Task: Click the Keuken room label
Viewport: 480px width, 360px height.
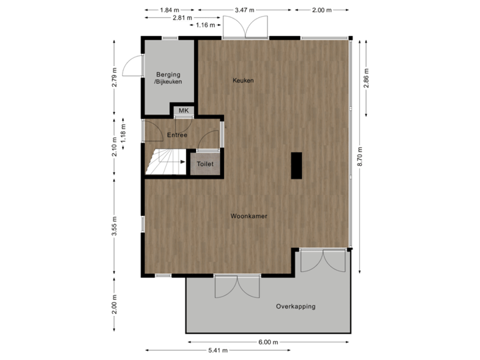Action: (x=243, y=81)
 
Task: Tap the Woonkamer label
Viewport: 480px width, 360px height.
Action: (x=249, y=216)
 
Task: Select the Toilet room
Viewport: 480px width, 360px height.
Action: (x=204, y=163)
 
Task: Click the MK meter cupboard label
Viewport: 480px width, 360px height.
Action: (x=183, y=111)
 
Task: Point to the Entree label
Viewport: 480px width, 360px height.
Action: (x=177, y=135)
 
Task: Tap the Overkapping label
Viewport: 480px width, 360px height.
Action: (x=295, y=307)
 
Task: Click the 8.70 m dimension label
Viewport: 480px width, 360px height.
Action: (x=361, y=156)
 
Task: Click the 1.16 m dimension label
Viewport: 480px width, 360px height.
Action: (x=204, y=25)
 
